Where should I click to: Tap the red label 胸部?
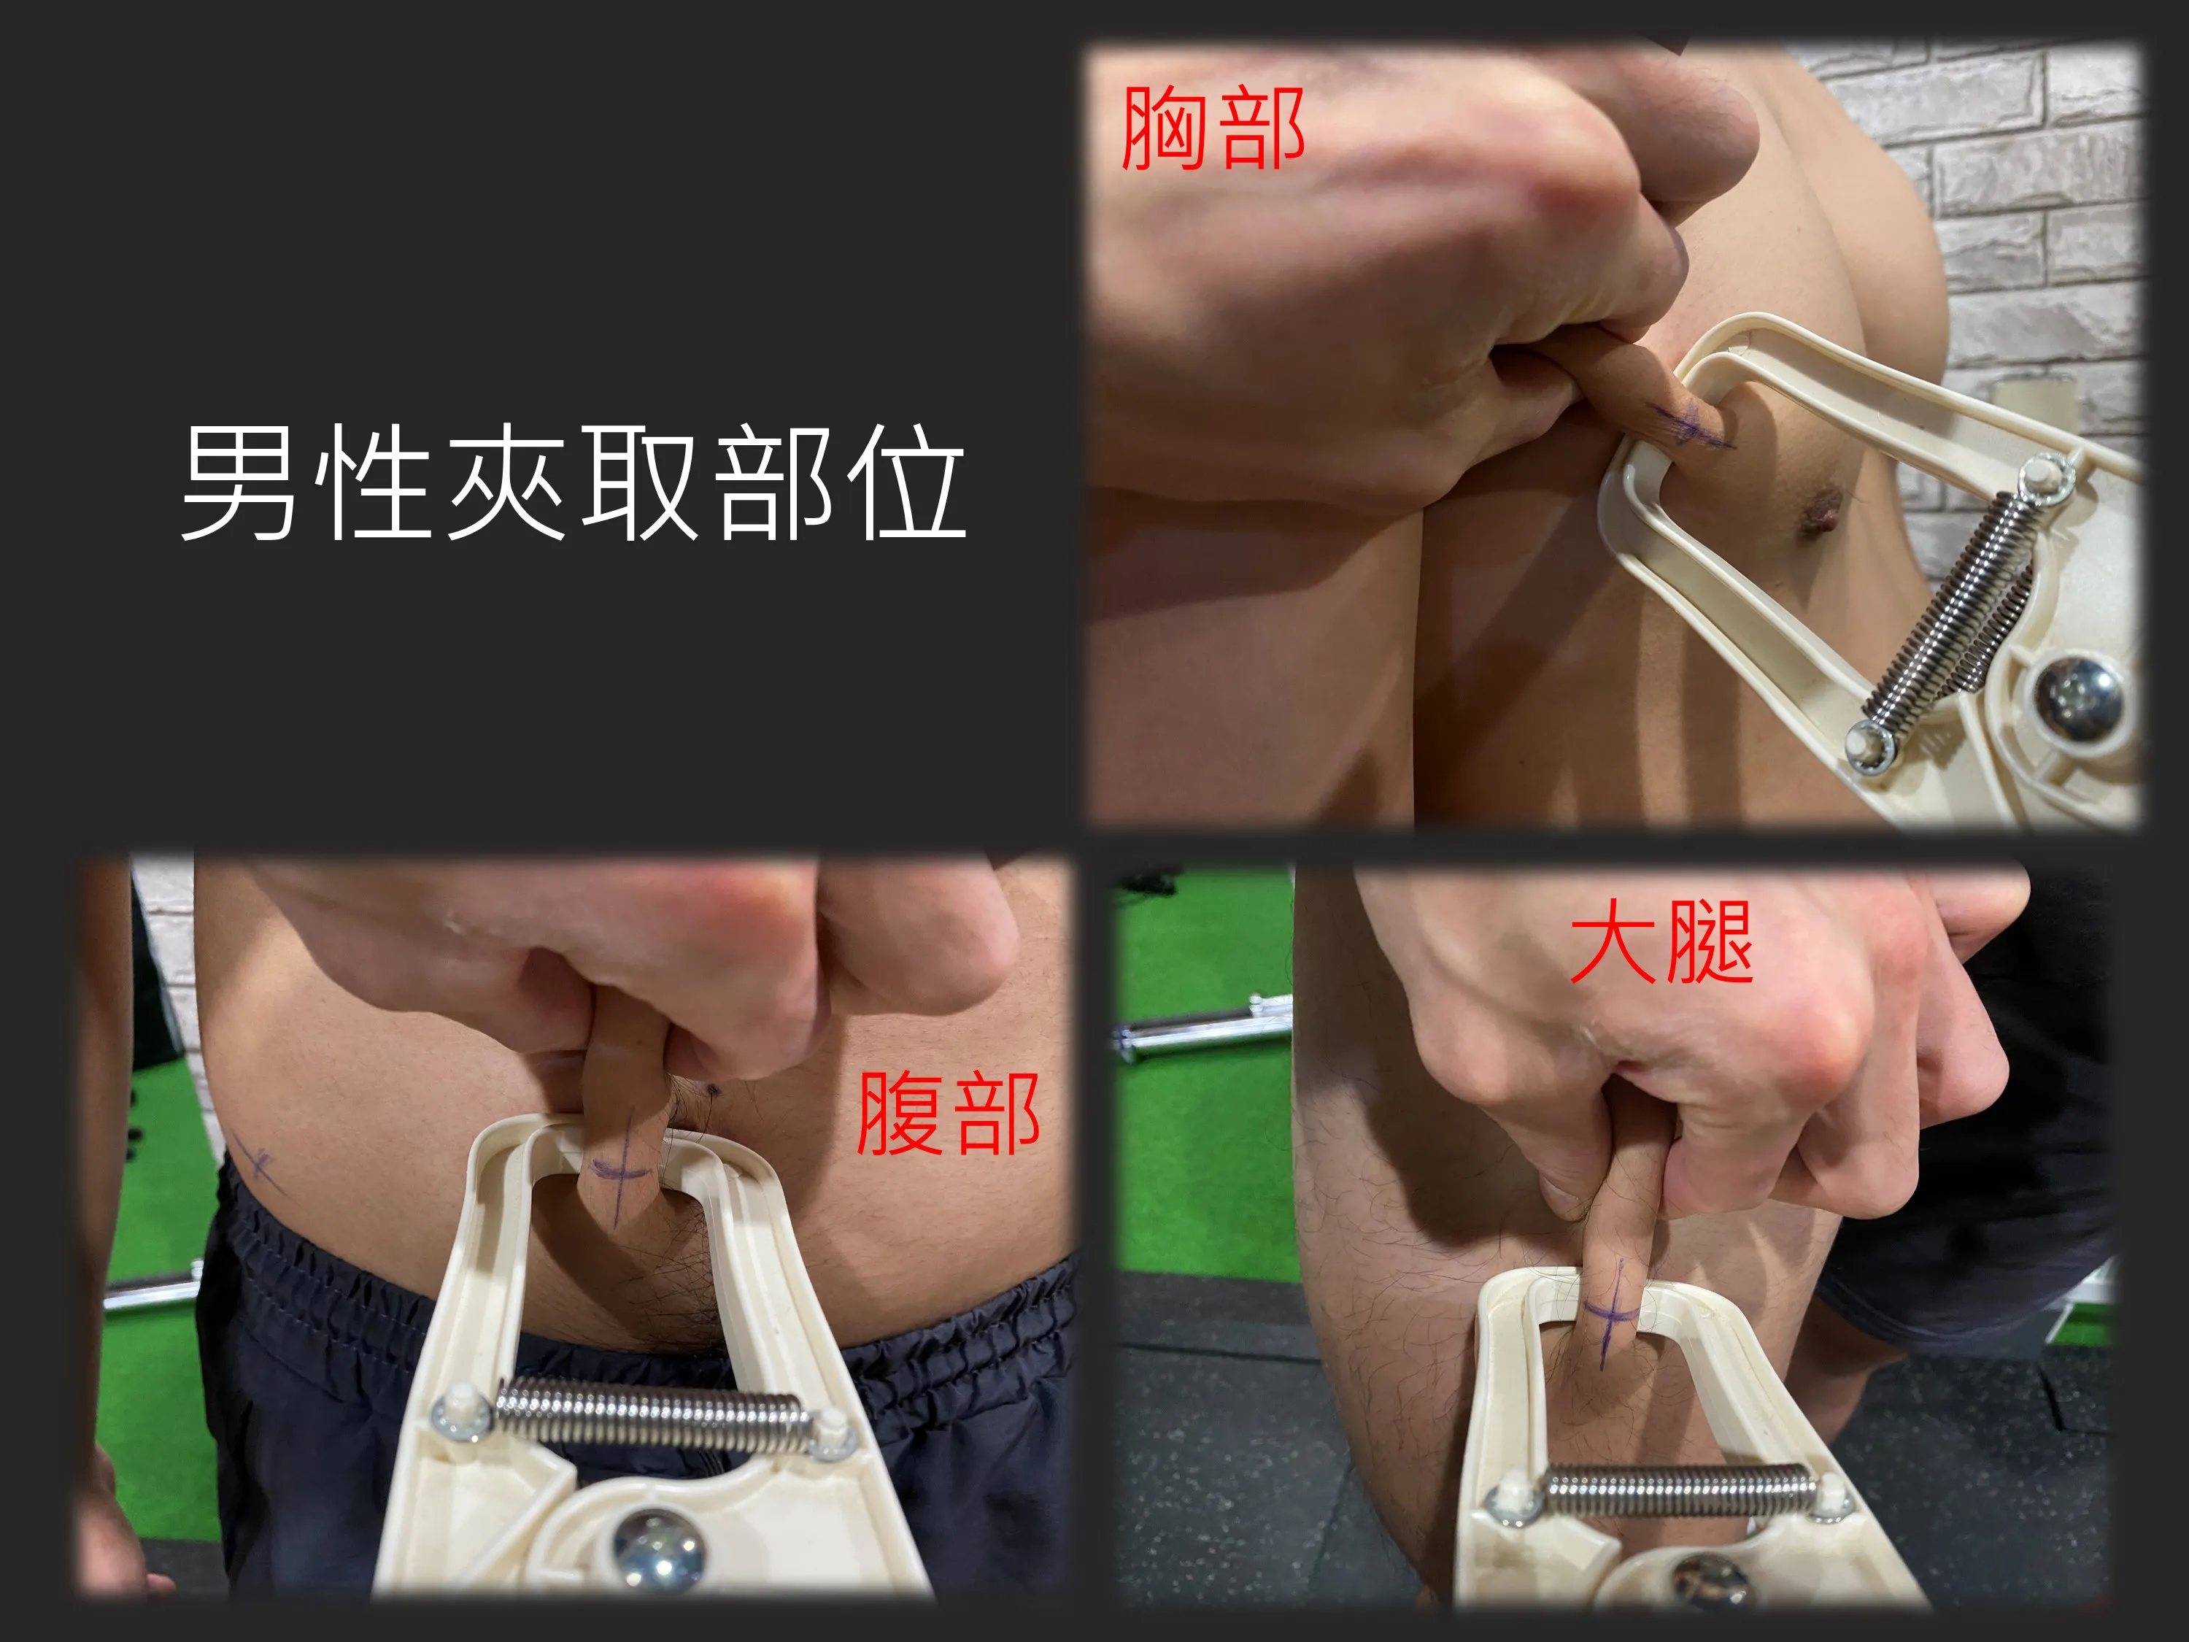[1213, 128]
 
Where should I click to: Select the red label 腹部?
[948, 1114]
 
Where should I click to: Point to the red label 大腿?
[1661, 941]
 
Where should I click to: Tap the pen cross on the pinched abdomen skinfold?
[619, 1173]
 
